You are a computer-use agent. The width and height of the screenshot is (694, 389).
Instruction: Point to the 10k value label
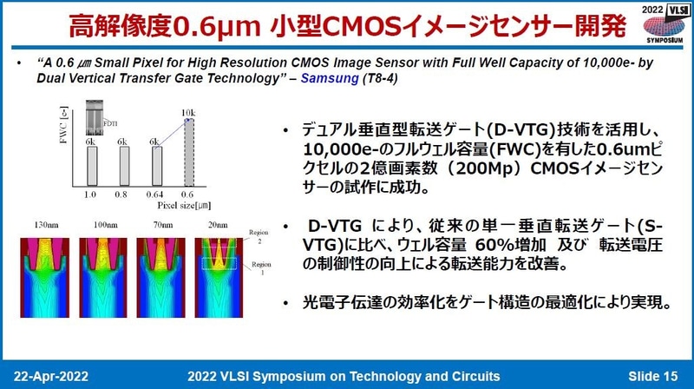pyautogui.click(x=187, y=111)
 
